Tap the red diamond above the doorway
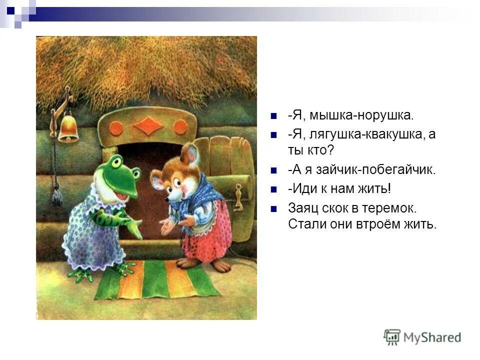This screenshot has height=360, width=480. pos(148,125)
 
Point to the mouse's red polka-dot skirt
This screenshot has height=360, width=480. pos(205,237)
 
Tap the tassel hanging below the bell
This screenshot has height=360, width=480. pos(56,194)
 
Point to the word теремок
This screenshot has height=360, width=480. pos(392,206)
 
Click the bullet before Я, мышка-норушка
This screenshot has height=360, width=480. pos(273,116)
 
